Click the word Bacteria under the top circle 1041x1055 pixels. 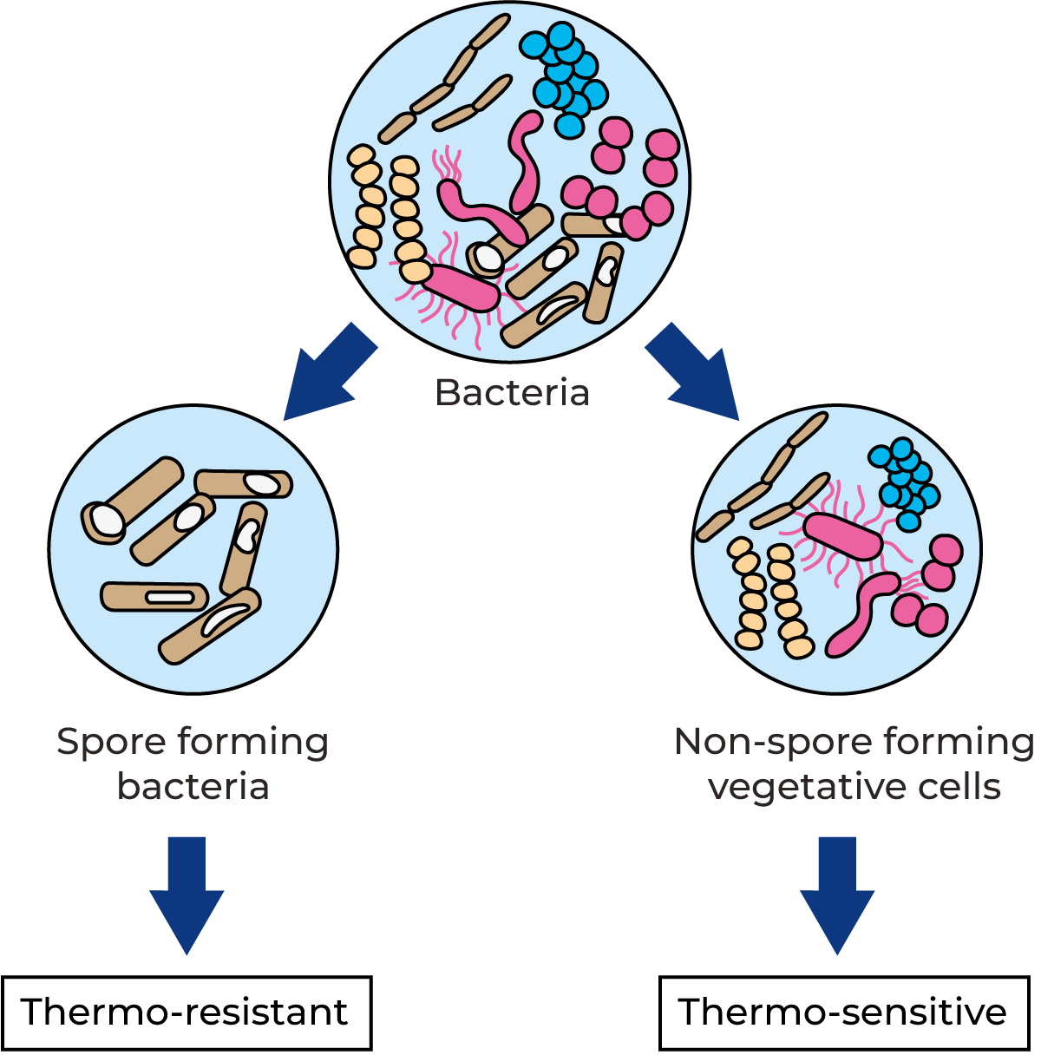[512, 392]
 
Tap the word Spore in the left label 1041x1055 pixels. [109, 743]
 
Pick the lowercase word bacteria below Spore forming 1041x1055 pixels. [193, 788]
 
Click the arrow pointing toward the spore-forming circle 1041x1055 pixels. [325, 375]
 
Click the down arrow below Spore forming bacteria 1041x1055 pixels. [187, 898]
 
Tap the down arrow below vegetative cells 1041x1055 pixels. [837, 898]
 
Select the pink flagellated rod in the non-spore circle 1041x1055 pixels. [842, 537]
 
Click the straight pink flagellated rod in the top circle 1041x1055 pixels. [460, 286]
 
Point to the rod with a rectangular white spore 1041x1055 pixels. [154, 596]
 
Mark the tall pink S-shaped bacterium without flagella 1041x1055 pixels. [525, 161]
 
